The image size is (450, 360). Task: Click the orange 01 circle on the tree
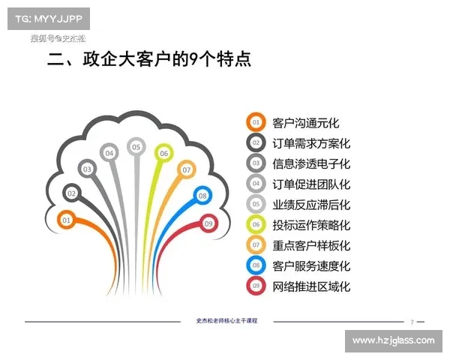[66, 220]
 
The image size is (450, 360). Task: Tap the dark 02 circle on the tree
[72, 193]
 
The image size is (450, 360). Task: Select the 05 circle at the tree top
[136, 147]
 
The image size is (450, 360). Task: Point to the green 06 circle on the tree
[163, 153]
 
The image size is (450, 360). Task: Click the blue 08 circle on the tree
[202, 196]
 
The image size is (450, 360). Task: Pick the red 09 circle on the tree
[208, 223]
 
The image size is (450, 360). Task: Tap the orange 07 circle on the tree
[186, 170]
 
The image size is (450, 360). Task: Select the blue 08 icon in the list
[256, 265]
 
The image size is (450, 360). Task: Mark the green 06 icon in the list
[256, 224]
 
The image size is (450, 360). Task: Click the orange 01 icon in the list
[256, 123]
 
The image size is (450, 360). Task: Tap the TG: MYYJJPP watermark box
[48, 17]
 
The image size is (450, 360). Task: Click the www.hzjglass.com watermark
[393, 340]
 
